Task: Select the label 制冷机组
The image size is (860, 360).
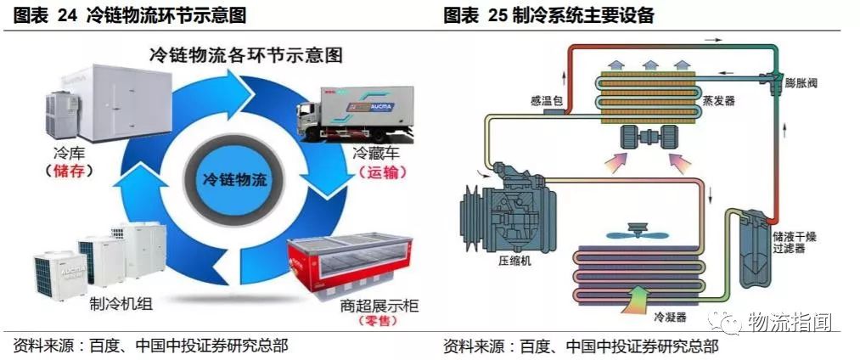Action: tap(115, 304)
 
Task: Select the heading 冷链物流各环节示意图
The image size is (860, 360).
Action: tap(245, 56)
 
